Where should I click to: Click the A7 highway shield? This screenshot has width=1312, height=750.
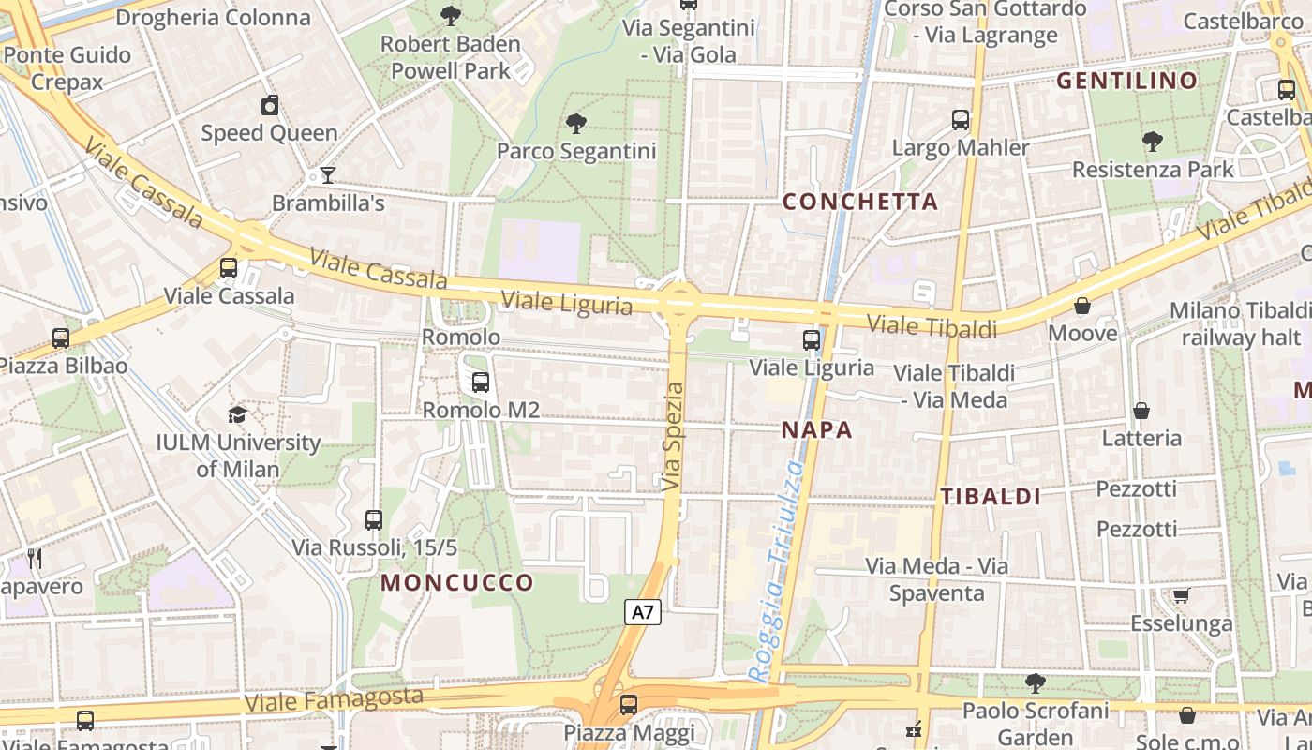click(643, 612)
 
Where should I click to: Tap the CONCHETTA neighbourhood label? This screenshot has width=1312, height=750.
click(859, 202)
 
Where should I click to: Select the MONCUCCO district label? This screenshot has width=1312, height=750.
click(456, 582)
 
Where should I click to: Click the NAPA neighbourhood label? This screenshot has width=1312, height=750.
click(817, 430)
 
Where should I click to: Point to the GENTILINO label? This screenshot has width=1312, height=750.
click(1127, 81)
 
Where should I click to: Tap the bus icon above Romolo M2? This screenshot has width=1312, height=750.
click(481, 382)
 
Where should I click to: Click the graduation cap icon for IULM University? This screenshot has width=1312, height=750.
click(238, 414)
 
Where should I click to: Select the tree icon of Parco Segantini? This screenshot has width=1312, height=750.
click(576, 123)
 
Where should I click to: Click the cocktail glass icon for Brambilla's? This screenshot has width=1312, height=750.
click(327, 174)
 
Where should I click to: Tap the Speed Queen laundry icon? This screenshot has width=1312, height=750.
click(270, 105)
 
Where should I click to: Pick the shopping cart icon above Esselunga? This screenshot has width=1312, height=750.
click(1181, 596)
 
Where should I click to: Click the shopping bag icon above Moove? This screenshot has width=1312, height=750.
click(1082, 306)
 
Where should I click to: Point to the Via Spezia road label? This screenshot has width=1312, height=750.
click(673, 437)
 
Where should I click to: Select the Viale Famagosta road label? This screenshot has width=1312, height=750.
click(334, 698)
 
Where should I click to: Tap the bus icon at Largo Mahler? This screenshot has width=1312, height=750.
click(961, 120)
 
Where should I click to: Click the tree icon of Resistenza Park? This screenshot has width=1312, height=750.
click(1153, 142)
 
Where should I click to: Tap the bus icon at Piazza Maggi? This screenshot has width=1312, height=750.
click(629, 704)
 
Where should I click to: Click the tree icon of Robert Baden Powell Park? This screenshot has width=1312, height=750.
click(451, 15)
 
